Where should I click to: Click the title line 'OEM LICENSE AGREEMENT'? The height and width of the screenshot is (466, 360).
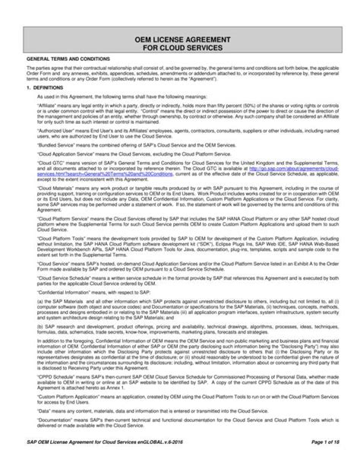coord(180,36)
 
